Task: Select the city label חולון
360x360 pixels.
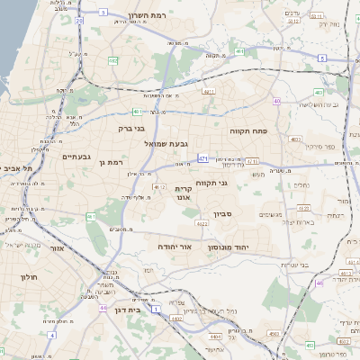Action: coord(29,278)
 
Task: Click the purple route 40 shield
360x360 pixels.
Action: coord(277,101)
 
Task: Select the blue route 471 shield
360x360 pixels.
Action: coord(203,158)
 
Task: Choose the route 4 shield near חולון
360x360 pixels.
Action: coord(51,334)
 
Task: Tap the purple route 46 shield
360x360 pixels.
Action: coord(319,283)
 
